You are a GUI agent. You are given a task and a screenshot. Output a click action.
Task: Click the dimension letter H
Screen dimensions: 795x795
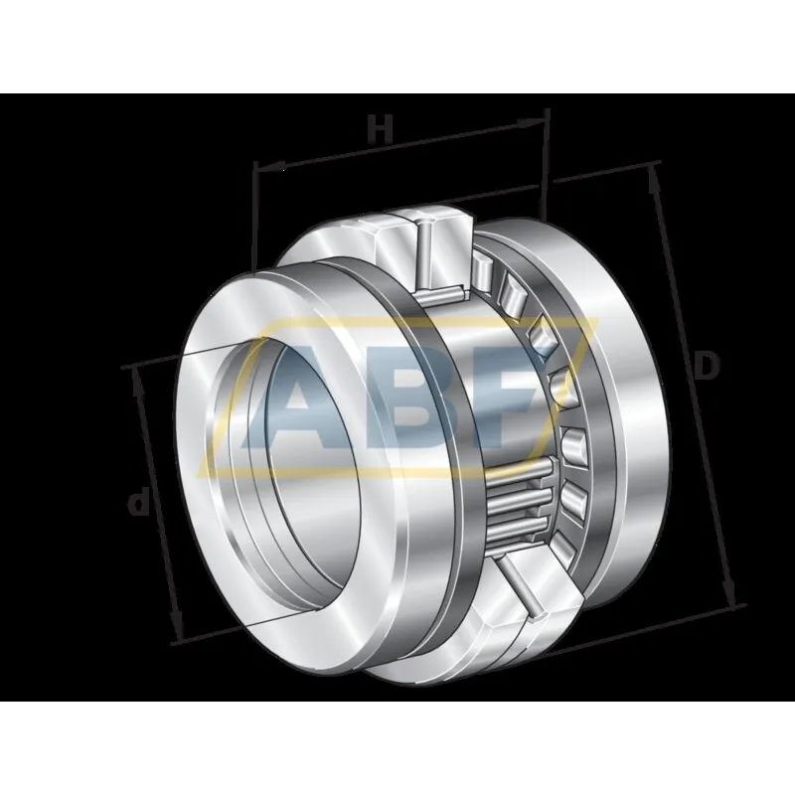click(x=380, y=129)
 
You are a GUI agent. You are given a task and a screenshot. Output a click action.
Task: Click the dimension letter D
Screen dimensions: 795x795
click(x=707, y=366)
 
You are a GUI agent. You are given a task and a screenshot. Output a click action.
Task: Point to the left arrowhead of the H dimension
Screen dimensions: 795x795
click(x=271, y=167)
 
